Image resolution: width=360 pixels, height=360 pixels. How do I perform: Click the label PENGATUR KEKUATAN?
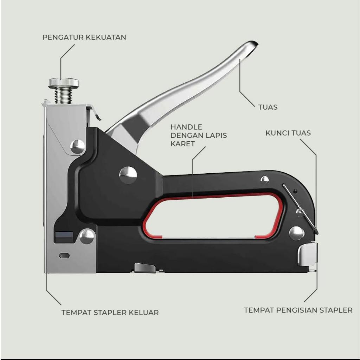coord(84,37)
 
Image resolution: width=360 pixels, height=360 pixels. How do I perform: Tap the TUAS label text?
coord(268,107)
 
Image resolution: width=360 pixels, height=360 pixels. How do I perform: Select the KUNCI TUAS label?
coord(288,133)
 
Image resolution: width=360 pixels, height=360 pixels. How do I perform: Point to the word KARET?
coord(182,144)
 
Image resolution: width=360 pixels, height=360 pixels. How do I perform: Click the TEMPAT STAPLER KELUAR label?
coord(110,312)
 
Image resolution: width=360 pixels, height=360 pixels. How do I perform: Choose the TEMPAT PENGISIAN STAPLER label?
coord(298,310)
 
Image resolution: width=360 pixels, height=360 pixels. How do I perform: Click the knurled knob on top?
coord(64,83)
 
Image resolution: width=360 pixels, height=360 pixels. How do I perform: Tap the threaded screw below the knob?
coord(63,95)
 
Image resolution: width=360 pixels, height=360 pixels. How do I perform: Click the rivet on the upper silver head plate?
coord(77,146)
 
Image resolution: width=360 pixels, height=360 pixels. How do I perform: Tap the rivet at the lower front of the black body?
coord(86,236)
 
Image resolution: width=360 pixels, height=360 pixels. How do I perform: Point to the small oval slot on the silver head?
coord(64,256)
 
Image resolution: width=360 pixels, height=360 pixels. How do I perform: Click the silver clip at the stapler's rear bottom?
coord(307,254)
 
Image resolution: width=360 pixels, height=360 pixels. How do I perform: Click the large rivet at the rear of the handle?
coord(296,233)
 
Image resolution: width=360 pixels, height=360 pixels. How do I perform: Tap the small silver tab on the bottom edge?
coord(144,268)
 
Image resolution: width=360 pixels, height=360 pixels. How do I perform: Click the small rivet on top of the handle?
coord(265,180)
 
